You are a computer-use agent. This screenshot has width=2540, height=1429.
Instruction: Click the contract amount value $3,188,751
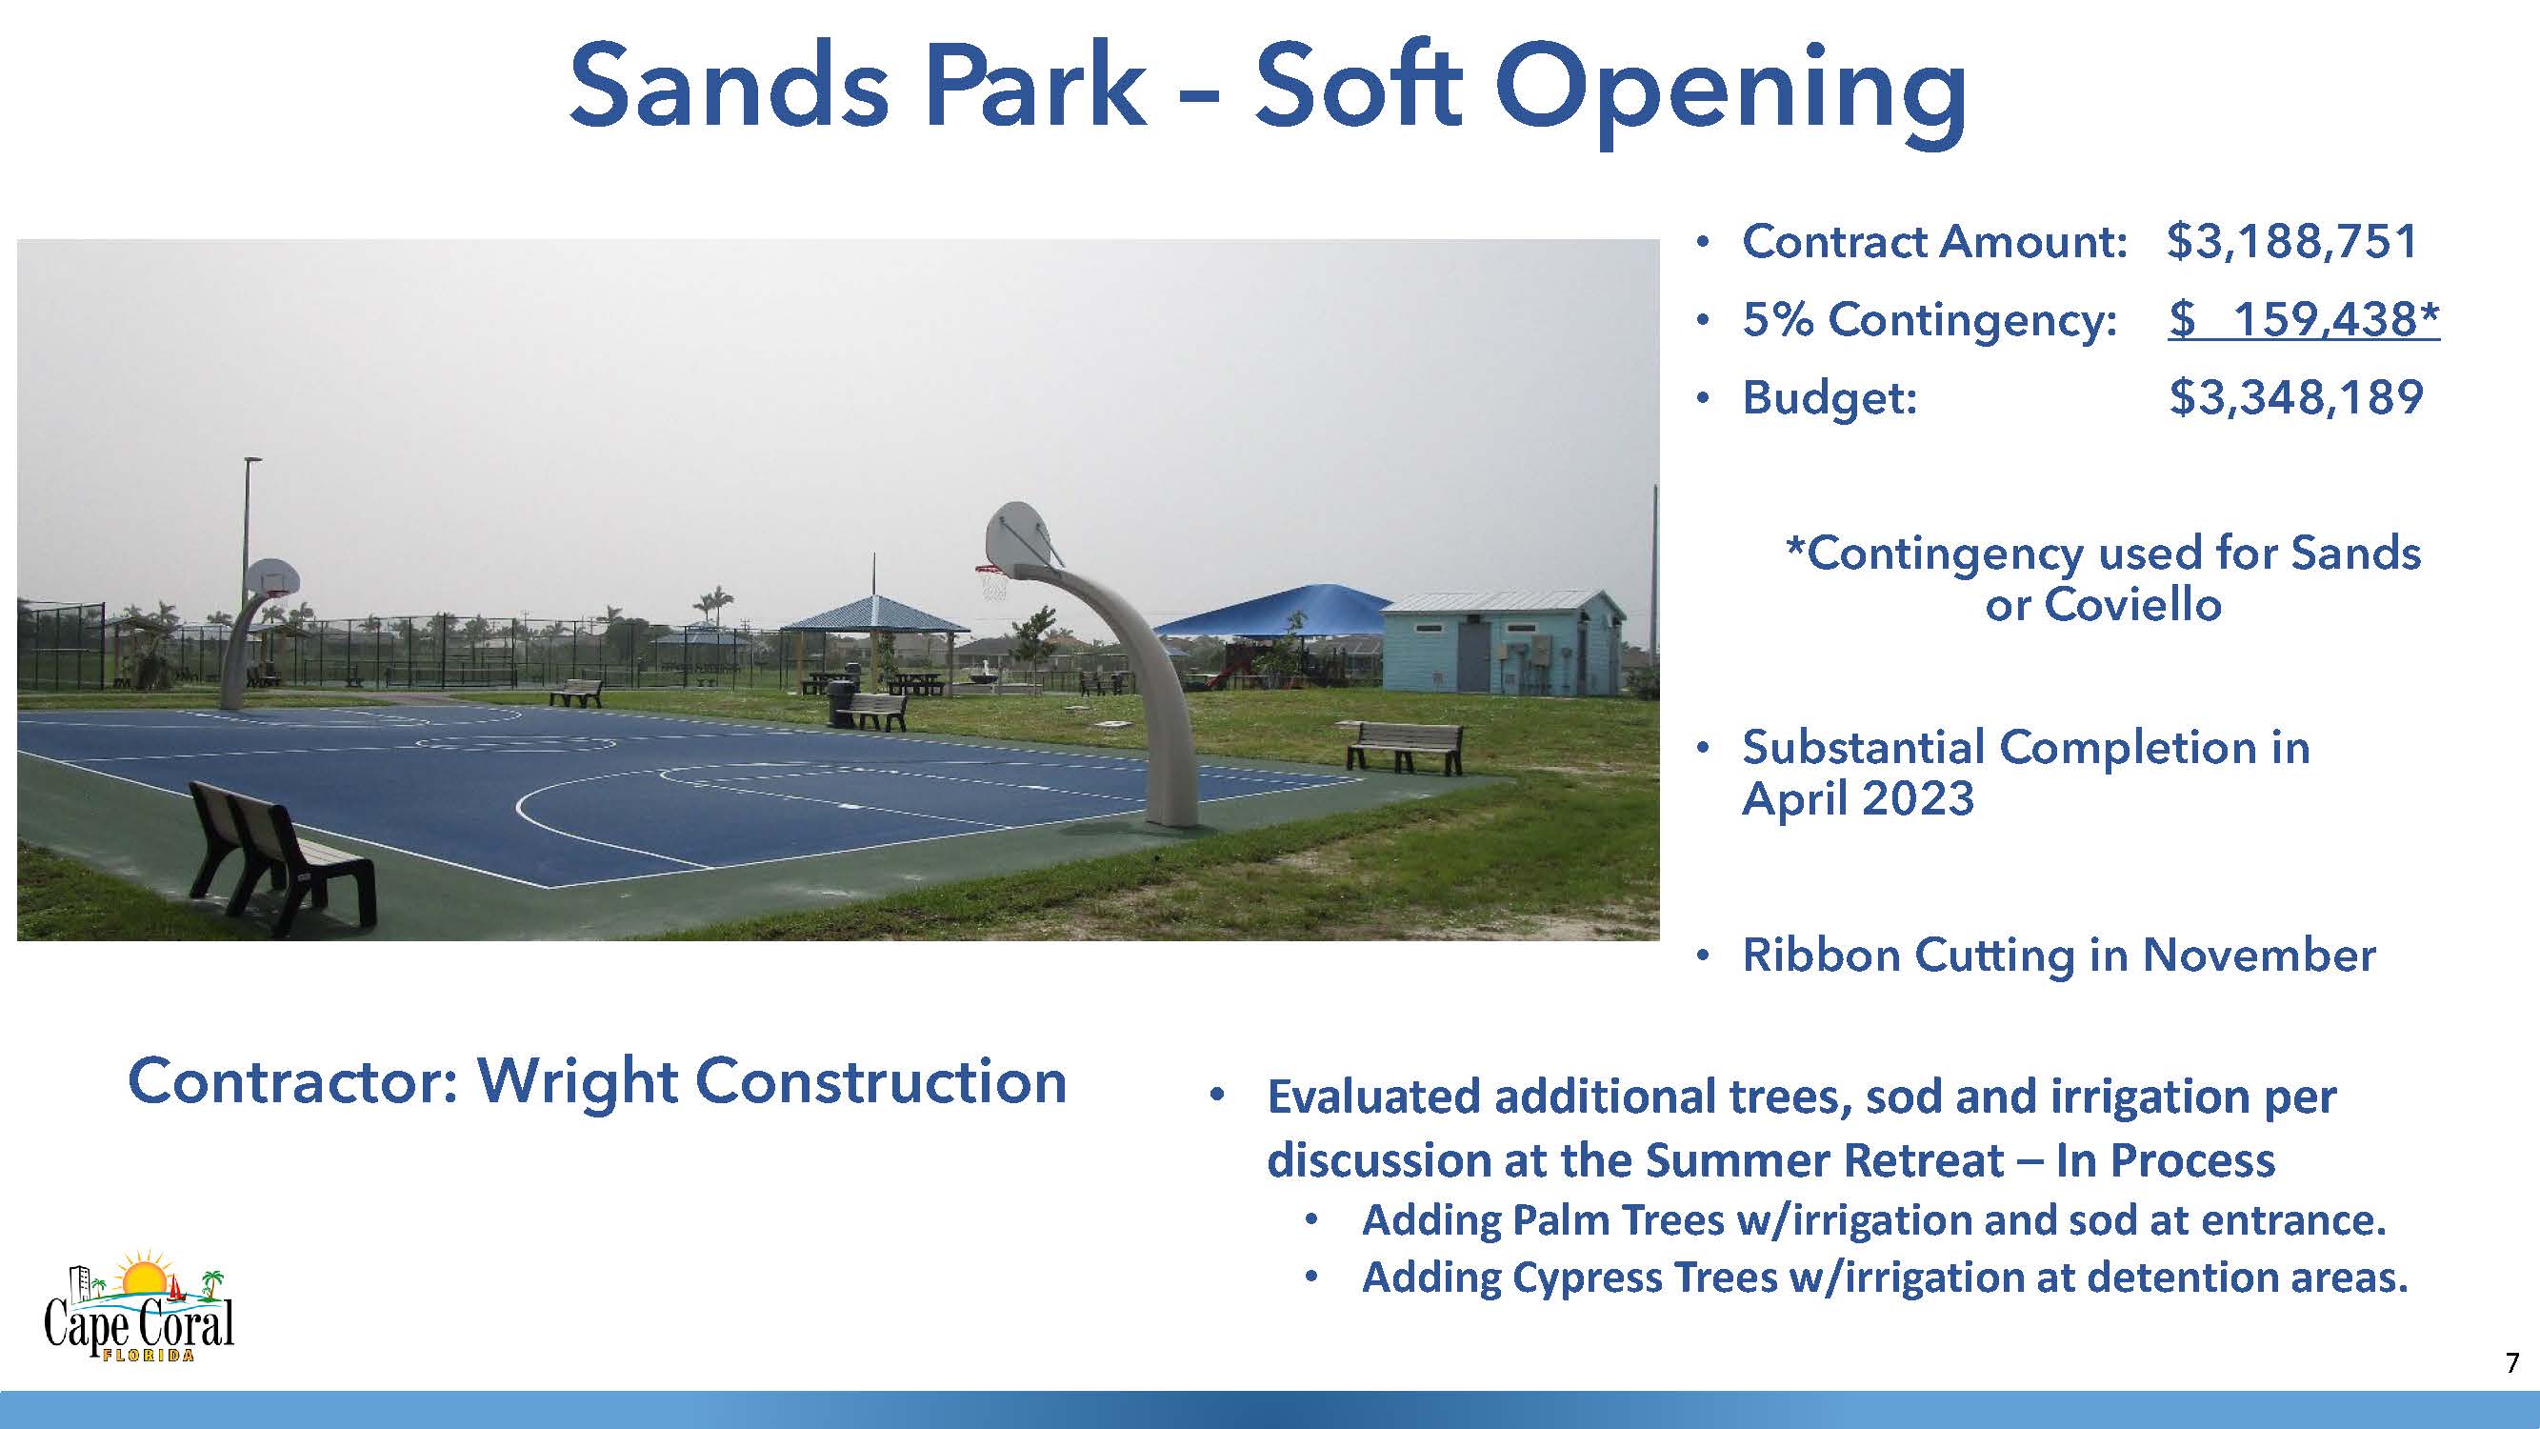(x=2291, y=243)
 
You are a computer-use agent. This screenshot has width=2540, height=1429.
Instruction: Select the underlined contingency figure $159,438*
(x=2304, y=319)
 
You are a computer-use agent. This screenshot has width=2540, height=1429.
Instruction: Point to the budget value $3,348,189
(x=2295, y=397)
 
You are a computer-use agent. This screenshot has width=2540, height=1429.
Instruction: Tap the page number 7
(x=2511, y=1363)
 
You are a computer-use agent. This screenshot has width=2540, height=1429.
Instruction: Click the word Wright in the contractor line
(x=577, y=1083)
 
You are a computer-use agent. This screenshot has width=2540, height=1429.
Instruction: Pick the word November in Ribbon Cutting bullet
(x=2259, y=956)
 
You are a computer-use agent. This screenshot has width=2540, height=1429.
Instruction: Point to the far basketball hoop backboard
(x=271, y=577)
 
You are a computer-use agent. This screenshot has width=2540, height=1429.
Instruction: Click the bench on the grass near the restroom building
(x=1404, y=747)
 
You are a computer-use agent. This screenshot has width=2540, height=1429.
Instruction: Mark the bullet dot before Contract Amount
(x=1701, y=243)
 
